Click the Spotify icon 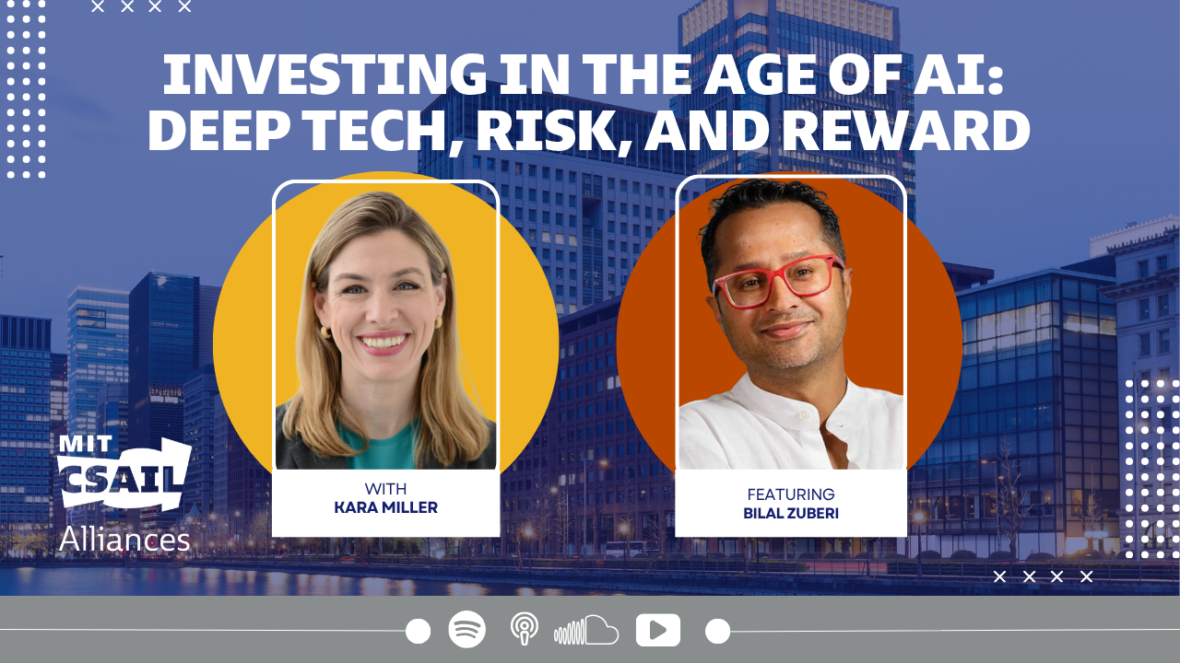pyautogui.click(x=466, y=629)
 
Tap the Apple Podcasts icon pyautogui.click(x=525, y=628)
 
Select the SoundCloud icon pyautogui.click(x=585, y=630)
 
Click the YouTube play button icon pyautogui.click(x=658, y=630)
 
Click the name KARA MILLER pyautogui.click(x=385, y=507)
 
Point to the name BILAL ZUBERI pyautogui.click(x=791, y=514)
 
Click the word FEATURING pyautogui.click(x=791, y=494)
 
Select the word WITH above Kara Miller pyautogui.click(x=385, y=489)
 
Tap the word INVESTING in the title pyautogui.click(x=324, y=75)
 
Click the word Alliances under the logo pyautogui.click(x=124, y=540)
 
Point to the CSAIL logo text pyautogui.click(x=124, y=478)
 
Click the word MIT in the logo pyautogui.click(x=85, y=445)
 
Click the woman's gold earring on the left pyautogui.click(x=325, y=332)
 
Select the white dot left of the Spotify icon pyautogui.click(x=419, y=631)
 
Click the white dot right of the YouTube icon pyautogui.click(x=717, y=631)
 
